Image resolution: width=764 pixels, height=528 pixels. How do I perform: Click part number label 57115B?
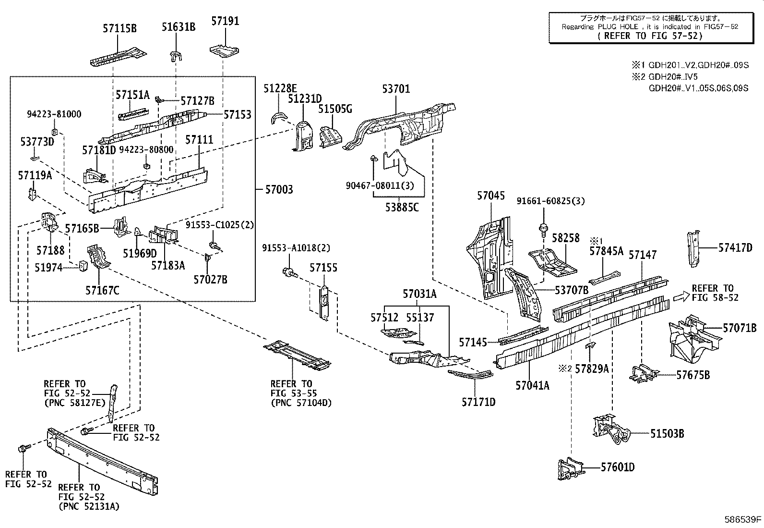pos(119,29)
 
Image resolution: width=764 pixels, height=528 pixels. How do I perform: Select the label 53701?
pos(396,89)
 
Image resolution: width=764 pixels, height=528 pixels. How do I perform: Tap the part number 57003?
pos(279,190)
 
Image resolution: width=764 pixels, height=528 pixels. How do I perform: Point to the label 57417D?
pos(735,247)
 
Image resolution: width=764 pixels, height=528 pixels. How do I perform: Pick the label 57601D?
pos(618,467)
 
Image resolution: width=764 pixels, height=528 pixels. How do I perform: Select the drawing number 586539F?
pos(743,519)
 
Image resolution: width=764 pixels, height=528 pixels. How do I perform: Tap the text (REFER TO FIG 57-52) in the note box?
pos(650,36)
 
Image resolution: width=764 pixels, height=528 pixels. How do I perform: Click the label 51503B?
pos(667,433)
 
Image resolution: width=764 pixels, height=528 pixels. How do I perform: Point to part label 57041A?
pos(533,385)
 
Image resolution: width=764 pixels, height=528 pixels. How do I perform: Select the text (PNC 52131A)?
pos(89,506)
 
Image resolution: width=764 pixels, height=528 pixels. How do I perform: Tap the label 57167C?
pos(102,290)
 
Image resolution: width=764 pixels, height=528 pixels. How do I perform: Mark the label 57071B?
pos(740,328)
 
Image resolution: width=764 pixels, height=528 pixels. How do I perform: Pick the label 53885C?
pos(402,207)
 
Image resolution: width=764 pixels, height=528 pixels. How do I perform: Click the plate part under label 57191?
pos(225,50)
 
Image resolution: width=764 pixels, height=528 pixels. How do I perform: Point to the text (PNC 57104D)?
pos(301,403)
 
